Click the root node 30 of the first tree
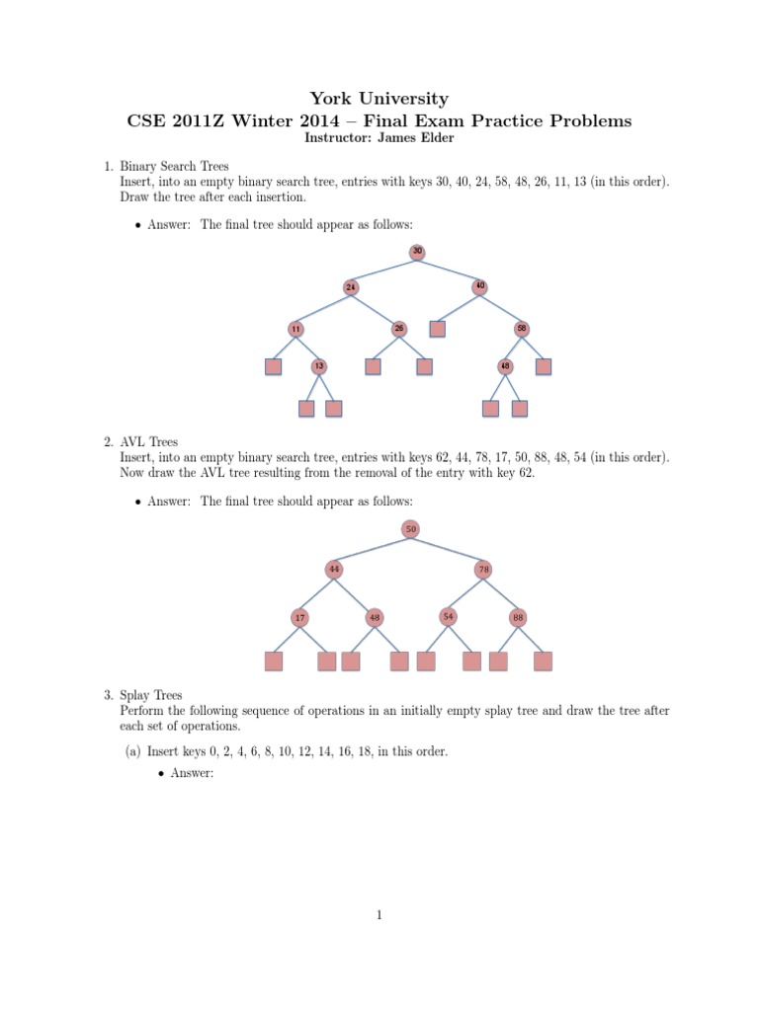click(417, 252)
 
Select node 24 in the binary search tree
click(351, 287)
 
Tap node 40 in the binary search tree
click(479, 287)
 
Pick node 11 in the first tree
click(295, 328)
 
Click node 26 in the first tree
click(399, 328)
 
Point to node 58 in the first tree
click(521, 328)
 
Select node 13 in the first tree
click(318, 366)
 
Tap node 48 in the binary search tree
click(506, 366)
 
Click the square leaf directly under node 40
click(438, 328)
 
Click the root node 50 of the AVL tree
click(411, 529)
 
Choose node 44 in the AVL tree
click(335, 569)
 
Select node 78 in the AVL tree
click(483, 569)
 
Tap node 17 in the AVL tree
click(298, 618)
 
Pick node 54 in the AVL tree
click(449, 617)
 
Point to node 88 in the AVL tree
click(518, 618)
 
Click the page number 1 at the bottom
click(379, 915)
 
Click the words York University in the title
click(379, 99)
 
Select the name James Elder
click(420, 137)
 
